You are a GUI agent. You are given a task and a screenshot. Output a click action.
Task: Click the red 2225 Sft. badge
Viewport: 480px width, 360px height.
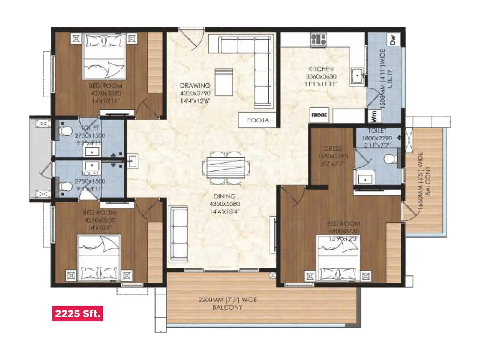pos(77,313)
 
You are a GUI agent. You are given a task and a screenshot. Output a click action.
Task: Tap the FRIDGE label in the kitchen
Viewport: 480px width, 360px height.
pos(319,115)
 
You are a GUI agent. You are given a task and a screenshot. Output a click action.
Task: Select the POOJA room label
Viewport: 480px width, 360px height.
pos(258,120)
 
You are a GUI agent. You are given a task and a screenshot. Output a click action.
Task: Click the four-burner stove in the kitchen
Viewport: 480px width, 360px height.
pos(318,40)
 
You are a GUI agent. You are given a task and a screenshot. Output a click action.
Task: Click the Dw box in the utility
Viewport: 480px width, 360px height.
pos(393,39)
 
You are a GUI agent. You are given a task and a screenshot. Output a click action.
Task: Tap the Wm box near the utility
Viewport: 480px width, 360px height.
pos(374,116)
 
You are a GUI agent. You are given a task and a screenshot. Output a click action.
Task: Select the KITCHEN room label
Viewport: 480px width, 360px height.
pos(321,69)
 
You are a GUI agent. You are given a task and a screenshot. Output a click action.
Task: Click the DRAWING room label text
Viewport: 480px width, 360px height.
pos(195,85)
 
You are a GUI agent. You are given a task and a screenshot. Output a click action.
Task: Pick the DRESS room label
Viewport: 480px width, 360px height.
pos(333,149)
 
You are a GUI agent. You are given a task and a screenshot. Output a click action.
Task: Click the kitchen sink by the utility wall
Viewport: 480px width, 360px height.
pos(357,76)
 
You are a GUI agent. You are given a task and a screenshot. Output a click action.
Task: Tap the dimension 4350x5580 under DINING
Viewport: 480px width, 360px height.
pos(225,204)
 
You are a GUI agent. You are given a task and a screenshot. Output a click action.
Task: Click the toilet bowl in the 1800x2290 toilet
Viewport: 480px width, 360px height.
pos(390,159)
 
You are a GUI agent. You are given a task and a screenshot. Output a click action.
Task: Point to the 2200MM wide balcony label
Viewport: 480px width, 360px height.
pos(227,303)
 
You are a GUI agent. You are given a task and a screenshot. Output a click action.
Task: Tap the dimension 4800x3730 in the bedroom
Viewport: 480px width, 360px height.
pos(343,231)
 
